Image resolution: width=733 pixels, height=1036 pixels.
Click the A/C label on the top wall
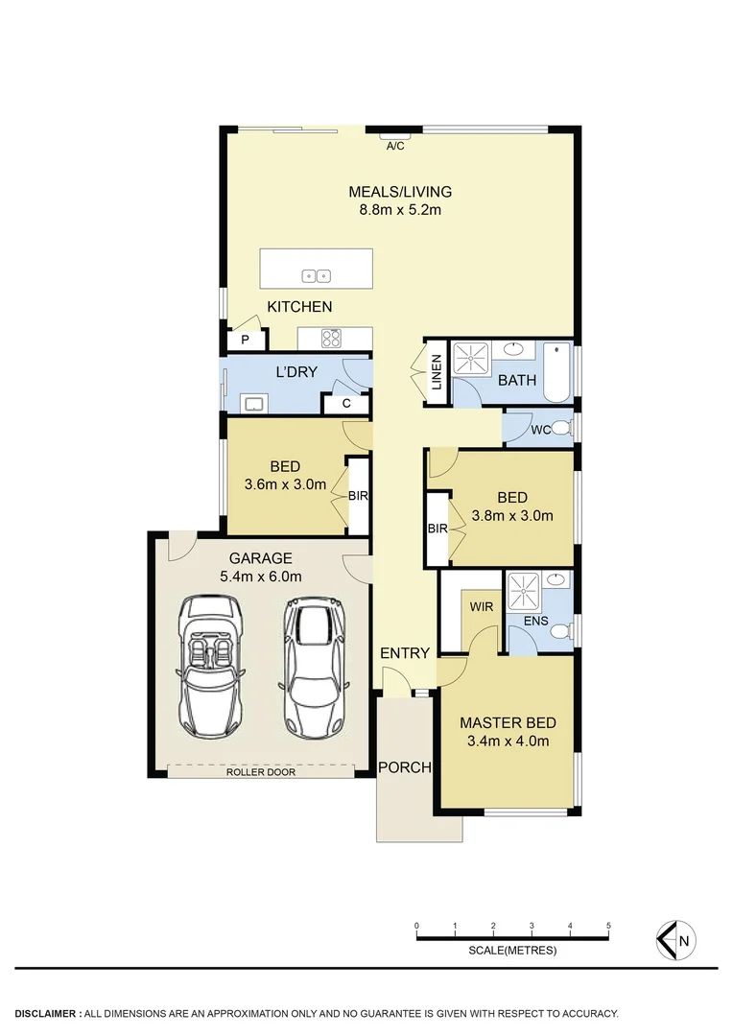coord(394,146)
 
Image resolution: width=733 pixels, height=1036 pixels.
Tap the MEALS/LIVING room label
coord(400,191)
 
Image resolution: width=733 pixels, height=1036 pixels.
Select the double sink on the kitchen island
coord(317,275)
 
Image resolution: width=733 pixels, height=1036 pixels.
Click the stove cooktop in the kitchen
coord(332,338)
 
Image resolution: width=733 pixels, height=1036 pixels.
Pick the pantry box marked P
coord(245,340)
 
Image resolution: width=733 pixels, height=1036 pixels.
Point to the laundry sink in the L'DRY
coord(253,404)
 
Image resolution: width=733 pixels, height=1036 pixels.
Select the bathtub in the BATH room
coord(556,373)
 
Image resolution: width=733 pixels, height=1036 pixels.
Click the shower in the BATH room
coord(471,359)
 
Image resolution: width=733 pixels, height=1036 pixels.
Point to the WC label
coord(541,430)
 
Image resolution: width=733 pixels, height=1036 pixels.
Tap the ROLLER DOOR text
coord(261,771)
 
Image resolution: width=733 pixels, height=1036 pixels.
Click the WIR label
coord(480,606)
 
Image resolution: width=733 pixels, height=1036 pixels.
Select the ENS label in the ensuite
coord(536,622)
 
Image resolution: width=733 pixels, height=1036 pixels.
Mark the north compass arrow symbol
coord(675,940)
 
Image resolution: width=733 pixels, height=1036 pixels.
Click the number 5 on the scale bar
coord(609,926)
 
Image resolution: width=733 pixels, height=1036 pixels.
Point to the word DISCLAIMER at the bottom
coord(47,1013)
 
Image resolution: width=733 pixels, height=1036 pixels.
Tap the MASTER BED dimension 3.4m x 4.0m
coord(508,741)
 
